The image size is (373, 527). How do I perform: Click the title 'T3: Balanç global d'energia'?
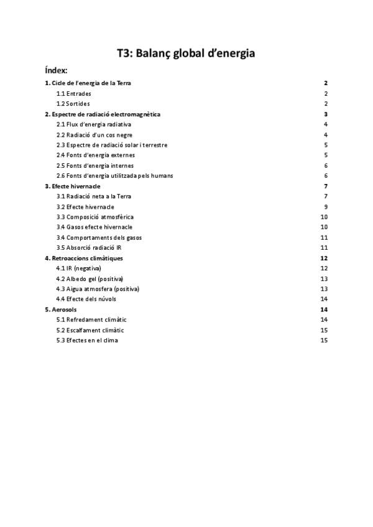(186, 53)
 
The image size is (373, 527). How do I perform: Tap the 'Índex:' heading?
(56, 70)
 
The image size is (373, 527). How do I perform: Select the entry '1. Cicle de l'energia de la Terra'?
(88, 83)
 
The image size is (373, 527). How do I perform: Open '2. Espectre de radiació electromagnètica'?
(103, 114)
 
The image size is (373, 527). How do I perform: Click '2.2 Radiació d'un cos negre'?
(94, 135)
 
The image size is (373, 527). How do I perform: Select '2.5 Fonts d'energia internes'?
(96, 165)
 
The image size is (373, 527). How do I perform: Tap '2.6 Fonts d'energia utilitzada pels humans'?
(115, 176)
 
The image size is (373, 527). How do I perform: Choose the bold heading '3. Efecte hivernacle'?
(73, 186)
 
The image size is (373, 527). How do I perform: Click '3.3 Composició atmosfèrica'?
(95, 217)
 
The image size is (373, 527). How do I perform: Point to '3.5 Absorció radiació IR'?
(89, 247)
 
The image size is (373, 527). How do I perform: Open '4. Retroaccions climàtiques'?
(84, 258)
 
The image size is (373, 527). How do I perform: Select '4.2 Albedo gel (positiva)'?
(90, 278)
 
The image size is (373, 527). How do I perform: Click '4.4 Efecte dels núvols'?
(86, 299)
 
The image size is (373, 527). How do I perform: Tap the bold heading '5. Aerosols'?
(61, 309)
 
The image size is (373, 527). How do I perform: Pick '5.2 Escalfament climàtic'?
(90, 330)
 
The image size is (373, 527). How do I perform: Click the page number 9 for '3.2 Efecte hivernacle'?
(326, 207)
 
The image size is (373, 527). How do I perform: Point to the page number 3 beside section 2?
(326, 114)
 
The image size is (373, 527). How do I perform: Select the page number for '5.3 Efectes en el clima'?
(324, 340)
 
